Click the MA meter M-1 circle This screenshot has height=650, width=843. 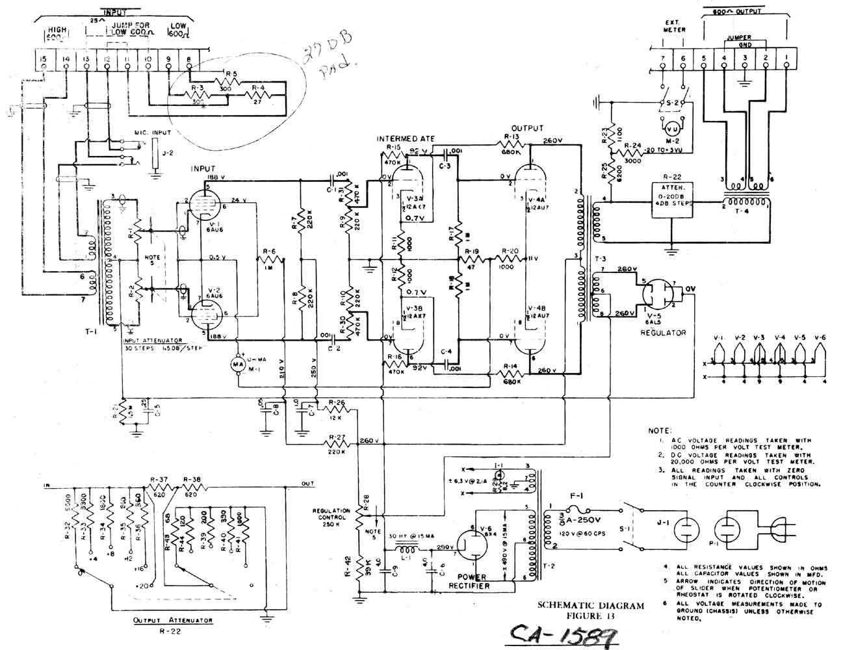[237, 365]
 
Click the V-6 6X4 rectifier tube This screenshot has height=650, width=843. [471, 550]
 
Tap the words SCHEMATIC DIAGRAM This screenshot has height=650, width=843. [591, 606]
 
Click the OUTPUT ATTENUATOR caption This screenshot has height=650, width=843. [173, 621]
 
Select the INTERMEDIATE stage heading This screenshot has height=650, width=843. [405, 138]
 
